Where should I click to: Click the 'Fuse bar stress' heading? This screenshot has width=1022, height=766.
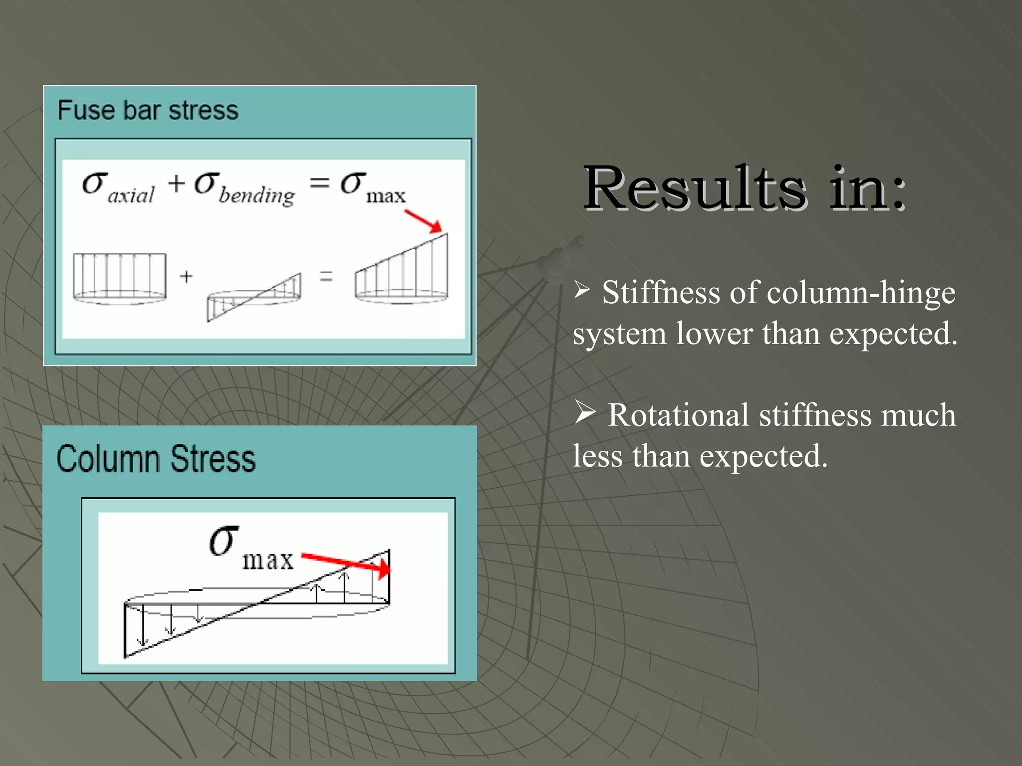pos(148,110)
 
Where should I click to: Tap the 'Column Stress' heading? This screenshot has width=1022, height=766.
pos(156,459)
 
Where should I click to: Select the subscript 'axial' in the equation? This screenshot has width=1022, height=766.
pos(131,195)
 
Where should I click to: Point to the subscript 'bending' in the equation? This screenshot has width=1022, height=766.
pos(257,195)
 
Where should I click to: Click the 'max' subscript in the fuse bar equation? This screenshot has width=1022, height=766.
pos(386,196)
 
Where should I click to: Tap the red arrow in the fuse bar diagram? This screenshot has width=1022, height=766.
pos(423,221)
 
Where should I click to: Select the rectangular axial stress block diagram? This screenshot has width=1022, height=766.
pos(119,277)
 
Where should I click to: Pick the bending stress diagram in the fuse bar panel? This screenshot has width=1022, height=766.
pos(255,297)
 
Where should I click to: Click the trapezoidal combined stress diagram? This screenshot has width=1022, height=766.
pos(402,272)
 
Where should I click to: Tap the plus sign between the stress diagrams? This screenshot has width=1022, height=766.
pos(186,276)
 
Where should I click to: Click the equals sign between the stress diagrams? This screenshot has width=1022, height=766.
pos(326,276)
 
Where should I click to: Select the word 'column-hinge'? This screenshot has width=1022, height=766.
pos(861,293)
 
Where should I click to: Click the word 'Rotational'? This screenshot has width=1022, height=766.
pos(678,415)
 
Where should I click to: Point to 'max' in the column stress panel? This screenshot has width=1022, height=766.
pos(268,561)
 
